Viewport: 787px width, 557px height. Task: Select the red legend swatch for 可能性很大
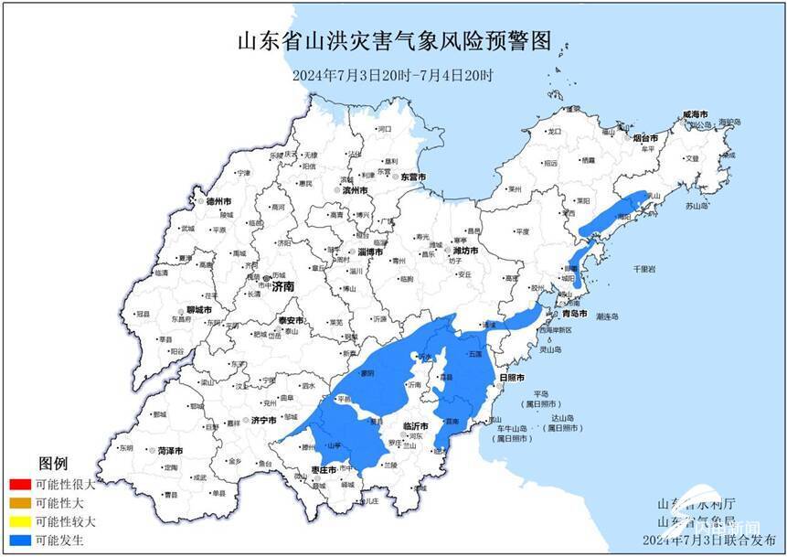click(18, 484)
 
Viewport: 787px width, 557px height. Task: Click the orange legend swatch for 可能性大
click(18, 502)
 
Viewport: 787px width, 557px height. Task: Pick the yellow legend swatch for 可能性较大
click(18, 520)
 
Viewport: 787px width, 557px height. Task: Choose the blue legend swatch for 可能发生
click(18, 540)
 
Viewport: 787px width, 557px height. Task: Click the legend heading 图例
click(52, 465)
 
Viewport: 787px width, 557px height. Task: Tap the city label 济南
click(283, 286)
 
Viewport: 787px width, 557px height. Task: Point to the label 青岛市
click(575, 313)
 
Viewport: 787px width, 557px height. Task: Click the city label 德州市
click(218, 200)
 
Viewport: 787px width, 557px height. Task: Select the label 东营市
click(413, 177)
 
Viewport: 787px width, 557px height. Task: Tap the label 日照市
click(512, 377)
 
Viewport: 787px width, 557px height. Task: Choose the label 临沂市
click(416, 426)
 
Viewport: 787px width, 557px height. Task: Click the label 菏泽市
click(170, 451)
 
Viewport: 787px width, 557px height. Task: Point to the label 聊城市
click(198, 310)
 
